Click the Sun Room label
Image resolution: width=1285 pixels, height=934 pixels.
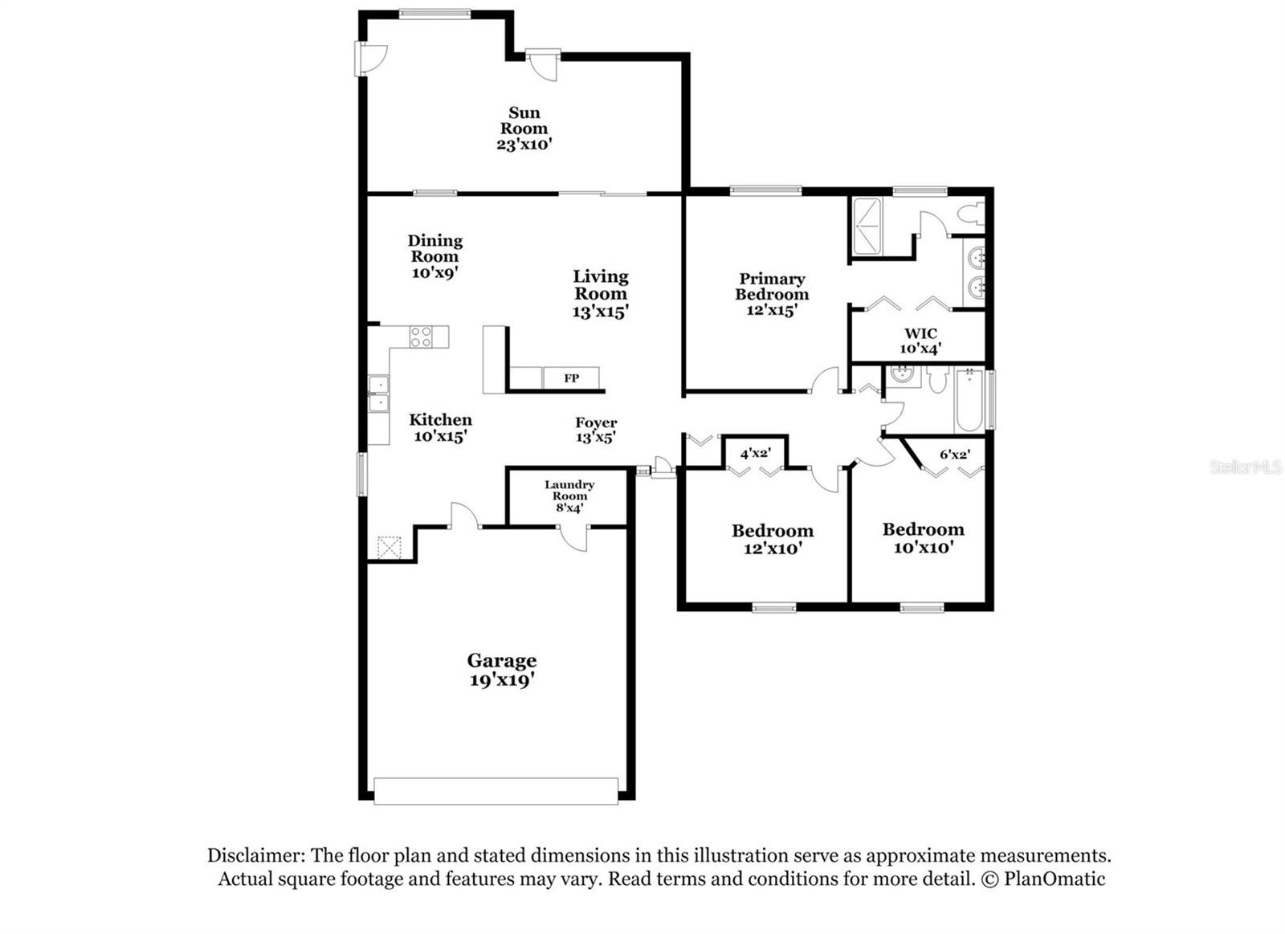pos(524,120)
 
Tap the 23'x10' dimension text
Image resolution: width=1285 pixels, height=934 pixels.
pos(524,144)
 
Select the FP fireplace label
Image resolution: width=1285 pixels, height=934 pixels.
pos(571,378)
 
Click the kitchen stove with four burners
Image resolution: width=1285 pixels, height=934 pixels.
pos(421,336)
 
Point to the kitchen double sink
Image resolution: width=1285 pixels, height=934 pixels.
pos(378,394)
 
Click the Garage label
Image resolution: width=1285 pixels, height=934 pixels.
pos(502,660)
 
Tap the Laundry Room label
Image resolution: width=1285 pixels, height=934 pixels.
pos(569,491)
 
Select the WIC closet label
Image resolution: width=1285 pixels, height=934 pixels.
pos(920,333)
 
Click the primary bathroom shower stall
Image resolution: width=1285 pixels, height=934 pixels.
pos(867,226)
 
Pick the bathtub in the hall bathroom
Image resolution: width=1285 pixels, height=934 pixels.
pos(969,401)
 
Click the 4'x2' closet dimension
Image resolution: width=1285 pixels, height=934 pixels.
pos(755,454)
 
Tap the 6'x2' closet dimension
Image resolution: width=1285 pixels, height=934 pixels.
pos(955,455)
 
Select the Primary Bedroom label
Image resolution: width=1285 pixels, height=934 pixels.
pos(772,286)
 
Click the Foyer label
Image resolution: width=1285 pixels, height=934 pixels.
pos(596,422)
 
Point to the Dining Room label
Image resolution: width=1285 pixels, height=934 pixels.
pos(434,248)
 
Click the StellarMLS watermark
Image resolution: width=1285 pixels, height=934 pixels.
pos(1246,467)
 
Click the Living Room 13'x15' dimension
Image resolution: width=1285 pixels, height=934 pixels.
pos(600,312)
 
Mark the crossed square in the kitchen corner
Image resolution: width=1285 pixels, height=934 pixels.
pos(389,548)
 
